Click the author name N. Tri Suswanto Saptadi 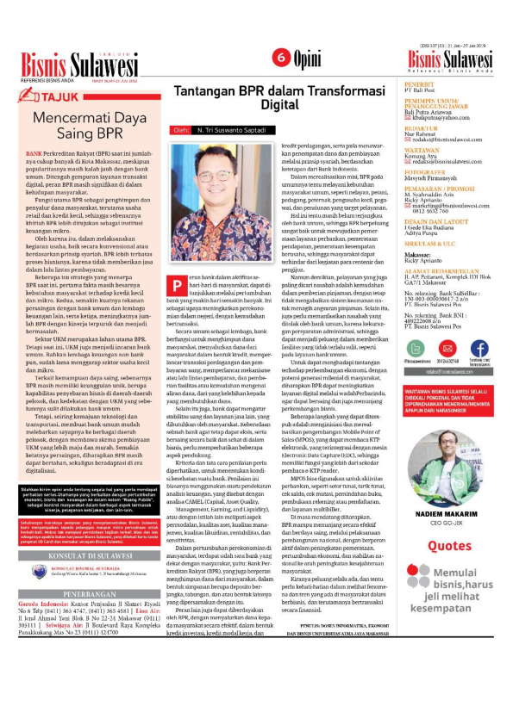point(233,131)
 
